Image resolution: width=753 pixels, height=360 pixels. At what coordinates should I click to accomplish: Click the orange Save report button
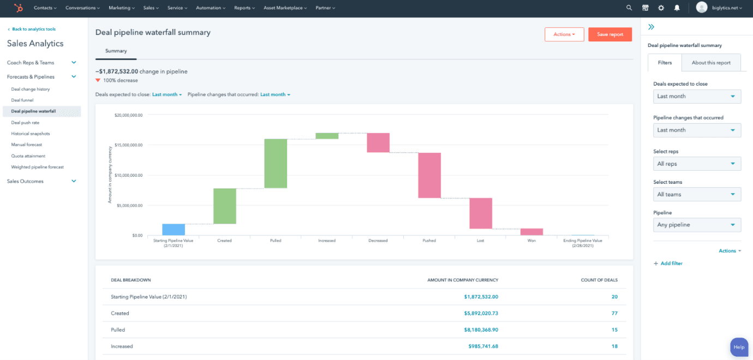609,34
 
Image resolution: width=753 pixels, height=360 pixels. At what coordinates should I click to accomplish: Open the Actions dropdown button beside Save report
564,34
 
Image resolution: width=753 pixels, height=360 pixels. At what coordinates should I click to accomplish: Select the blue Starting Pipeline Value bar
174,230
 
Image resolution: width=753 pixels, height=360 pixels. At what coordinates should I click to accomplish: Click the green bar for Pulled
276,164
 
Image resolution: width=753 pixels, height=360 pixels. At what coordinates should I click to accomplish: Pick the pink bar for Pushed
429,175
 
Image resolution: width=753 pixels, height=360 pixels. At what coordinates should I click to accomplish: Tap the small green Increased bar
327,136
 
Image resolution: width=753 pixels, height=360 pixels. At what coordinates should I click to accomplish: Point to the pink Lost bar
481,213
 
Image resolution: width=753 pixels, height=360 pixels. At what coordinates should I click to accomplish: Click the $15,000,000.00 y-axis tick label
128,145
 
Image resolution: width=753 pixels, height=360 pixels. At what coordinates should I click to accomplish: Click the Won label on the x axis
531,241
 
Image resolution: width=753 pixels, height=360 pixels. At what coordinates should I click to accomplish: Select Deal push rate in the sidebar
25,123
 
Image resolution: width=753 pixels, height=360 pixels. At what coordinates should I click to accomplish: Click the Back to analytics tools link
33,29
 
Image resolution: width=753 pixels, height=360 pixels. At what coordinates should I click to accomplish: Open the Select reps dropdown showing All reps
697,164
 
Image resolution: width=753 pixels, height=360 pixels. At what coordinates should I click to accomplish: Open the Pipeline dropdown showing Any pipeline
697,225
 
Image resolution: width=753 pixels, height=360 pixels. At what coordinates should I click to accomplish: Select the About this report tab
711,63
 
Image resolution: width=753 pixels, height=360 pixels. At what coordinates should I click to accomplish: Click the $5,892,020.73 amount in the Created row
481,314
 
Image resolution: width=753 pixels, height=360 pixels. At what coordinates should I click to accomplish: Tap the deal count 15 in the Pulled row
614,330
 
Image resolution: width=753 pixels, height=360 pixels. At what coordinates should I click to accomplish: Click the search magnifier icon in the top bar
629,8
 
